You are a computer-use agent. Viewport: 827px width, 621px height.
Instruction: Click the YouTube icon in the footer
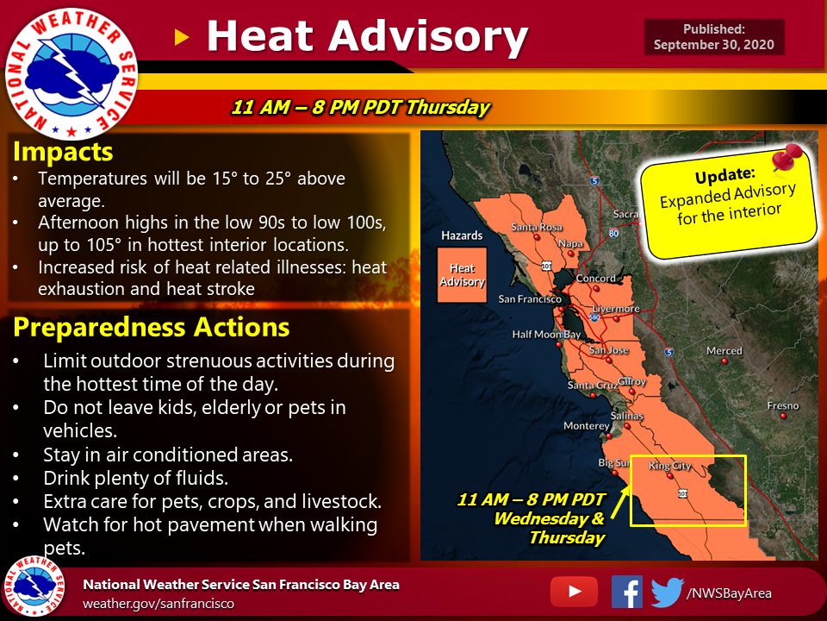572,591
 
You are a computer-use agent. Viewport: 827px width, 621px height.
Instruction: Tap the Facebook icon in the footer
626,592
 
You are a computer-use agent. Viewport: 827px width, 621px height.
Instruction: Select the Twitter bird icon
666,592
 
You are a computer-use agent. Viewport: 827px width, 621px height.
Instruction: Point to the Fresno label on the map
782,405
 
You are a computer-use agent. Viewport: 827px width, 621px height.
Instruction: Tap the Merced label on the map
724,351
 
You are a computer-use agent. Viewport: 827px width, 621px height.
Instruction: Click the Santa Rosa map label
536,227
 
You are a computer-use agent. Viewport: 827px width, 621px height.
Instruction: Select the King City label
669,466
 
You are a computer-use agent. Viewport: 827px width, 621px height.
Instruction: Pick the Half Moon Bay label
546,334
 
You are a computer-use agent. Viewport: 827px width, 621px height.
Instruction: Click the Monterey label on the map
586,425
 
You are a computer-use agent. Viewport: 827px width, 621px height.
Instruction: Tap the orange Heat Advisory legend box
462,276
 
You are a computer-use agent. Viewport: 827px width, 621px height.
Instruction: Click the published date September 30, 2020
714,45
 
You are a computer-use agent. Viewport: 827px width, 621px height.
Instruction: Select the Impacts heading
63,153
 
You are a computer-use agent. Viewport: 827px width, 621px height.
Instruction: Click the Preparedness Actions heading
150,328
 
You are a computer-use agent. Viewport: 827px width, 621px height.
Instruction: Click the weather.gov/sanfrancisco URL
158,604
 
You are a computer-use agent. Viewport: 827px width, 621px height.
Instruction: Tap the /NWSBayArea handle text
729,593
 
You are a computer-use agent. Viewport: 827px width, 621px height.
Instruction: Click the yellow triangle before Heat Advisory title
181,36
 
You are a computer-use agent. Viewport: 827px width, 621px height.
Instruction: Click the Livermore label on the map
616,308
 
